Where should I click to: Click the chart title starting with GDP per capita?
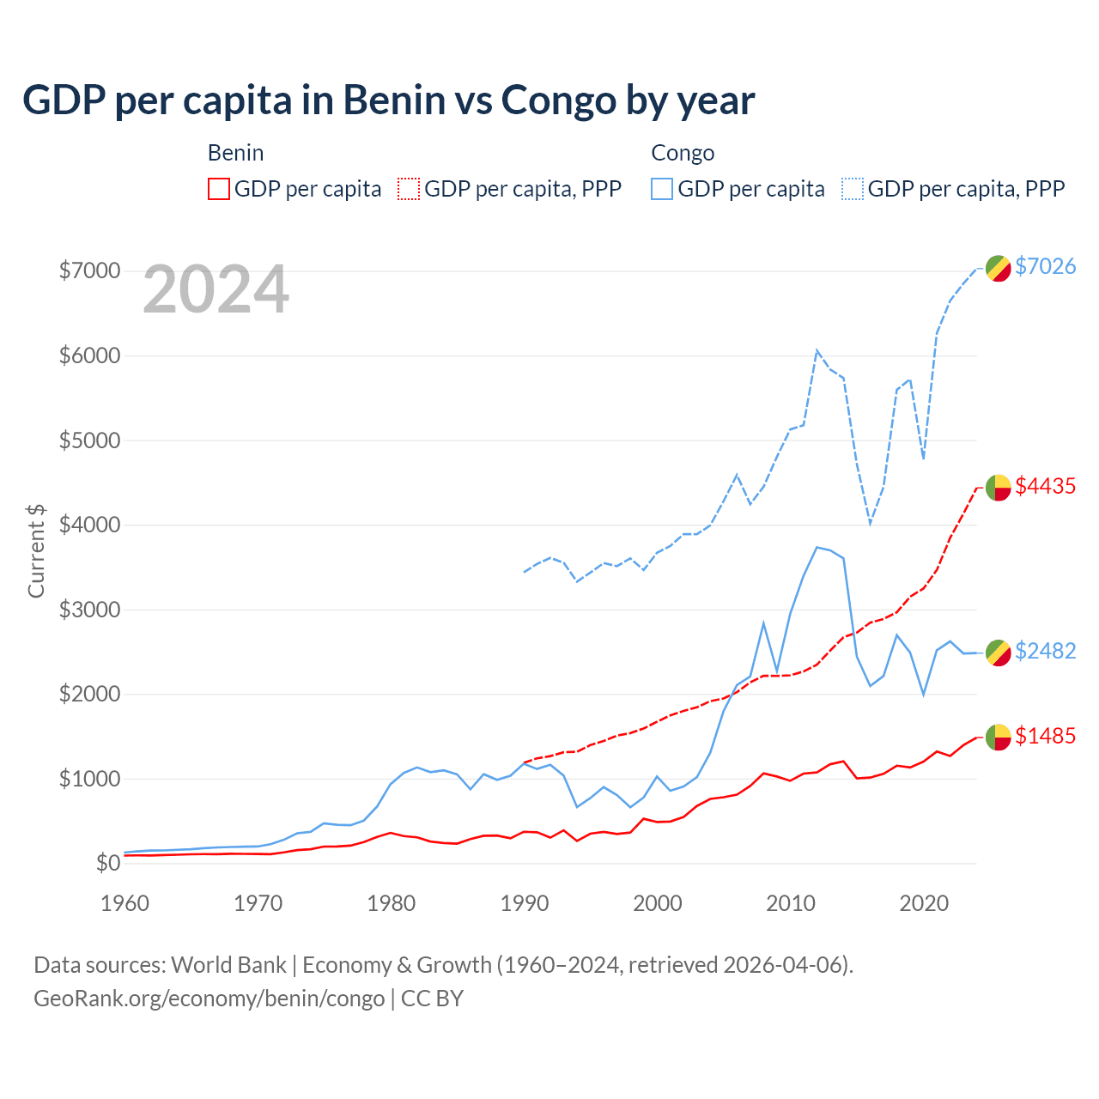coord(388,100)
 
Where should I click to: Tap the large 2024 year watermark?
coord(216,289)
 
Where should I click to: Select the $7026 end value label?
coord(1045,266)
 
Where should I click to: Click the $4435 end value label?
coord(1045,486)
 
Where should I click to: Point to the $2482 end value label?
coord(1045,651)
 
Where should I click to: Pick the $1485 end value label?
coord(1045,736)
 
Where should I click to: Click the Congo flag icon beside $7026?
coord(997,268)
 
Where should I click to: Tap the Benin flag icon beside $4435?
coord(997,488)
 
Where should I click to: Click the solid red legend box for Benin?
coord(219,189)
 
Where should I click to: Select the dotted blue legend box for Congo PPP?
coord(853,189)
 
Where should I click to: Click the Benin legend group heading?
coord(235,153)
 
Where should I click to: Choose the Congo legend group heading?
coord(683,153)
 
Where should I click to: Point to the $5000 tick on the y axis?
coord(89,440)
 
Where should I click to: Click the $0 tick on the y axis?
coord(107,863)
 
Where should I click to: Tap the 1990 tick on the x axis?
coord(525,903)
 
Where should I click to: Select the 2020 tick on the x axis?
coord(924,903)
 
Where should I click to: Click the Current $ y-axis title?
coord(36,551)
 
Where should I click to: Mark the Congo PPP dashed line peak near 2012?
coord(817,350)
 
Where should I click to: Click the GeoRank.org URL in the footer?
coord(209,999)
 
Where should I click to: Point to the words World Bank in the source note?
coord(228,965)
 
